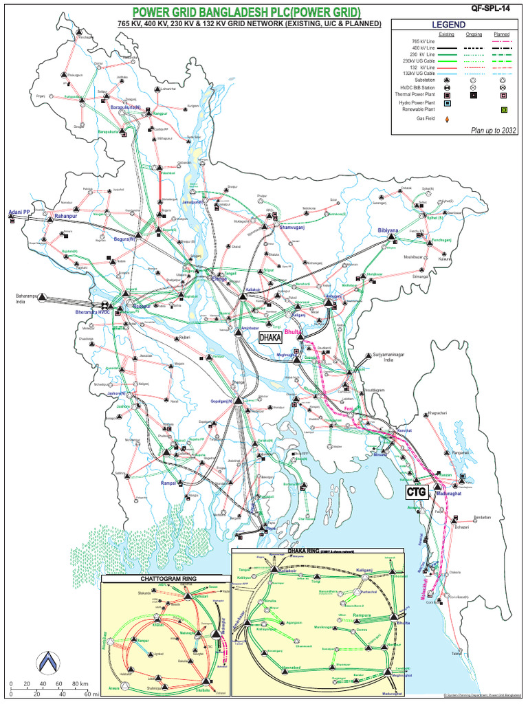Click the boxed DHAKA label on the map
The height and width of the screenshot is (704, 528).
(271, 338)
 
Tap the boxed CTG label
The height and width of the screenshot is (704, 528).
(417, 492)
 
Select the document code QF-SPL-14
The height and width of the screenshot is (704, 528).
(492, 9)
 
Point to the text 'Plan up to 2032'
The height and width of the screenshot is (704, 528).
(494, 130)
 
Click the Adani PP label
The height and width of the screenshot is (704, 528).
(19, 212)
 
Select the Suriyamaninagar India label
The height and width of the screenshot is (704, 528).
(386, 357)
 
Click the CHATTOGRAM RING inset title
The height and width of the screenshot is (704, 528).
(162, 580)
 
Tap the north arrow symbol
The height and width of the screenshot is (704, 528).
(47, 661)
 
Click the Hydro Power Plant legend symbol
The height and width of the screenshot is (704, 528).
(448, 103)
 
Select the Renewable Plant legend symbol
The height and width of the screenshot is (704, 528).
(503, 110)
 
